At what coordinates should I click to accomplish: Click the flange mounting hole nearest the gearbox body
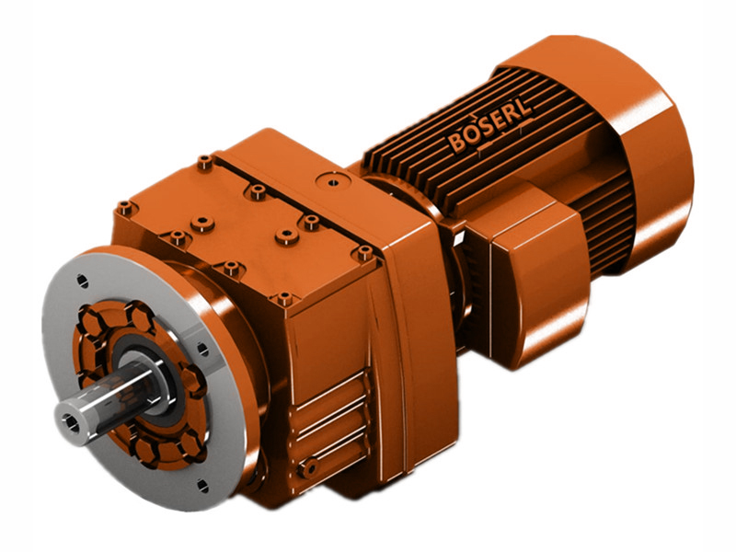coord(197,347)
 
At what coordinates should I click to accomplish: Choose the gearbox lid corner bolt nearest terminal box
coord(365,250)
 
